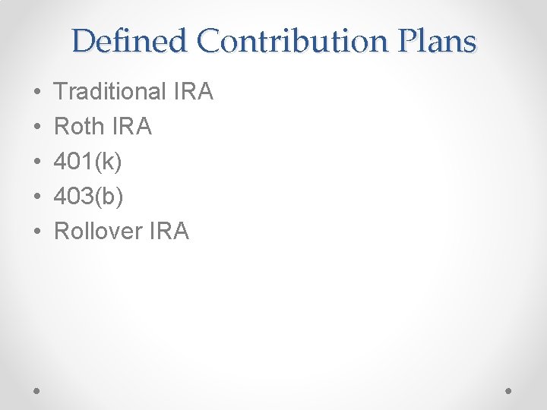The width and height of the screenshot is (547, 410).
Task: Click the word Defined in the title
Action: pyautogui.click(x=129, y=40)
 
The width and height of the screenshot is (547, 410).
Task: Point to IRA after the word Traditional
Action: pyautogui.click(x=194, y=92)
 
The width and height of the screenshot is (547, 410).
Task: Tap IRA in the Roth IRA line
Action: pyautogui.click(x=133, y=127)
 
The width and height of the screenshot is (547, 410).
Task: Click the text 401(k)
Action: pyautogui.click(x=88, y=162)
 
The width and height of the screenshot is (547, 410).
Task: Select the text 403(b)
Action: pyautogui.click(x=89, y=197)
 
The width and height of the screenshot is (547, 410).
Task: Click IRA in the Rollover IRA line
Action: pyautogui.click(x=169, y=231)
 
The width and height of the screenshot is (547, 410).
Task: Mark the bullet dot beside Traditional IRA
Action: pyautogui.click(x=37, y=93)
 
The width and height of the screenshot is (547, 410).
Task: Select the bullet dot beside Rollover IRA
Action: pyautogui.click(x=37, y=232)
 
